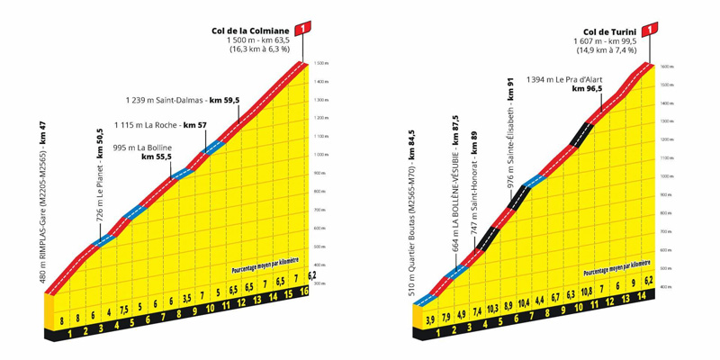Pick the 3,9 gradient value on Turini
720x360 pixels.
(430, 319)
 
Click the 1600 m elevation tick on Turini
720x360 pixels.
(666, 67)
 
